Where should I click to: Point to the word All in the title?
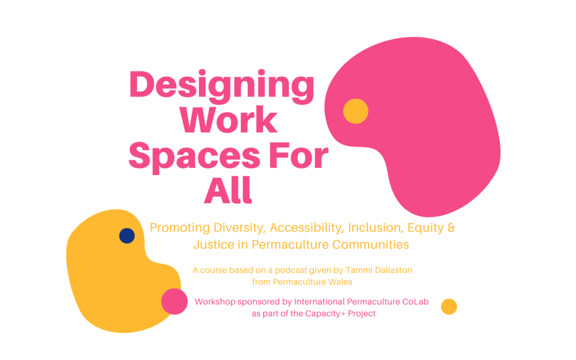pyautogui.click(x=228, y=190)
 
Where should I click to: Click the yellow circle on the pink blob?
pyautogui.click(x=356, y=111)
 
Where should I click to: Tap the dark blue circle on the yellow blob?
pyautogui.click(x=127, y=236)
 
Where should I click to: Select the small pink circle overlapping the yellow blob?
pyautogui.click(x=174, y=301)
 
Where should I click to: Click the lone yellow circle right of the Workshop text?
pyautogui.click(x=449, y=307)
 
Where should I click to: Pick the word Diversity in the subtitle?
pyautogui.click(x=239, y=228)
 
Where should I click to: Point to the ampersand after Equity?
pyautogui.click(x=451, y=228)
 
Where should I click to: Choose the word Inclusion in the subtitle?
pyautogui.click(x=372, y=228)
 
